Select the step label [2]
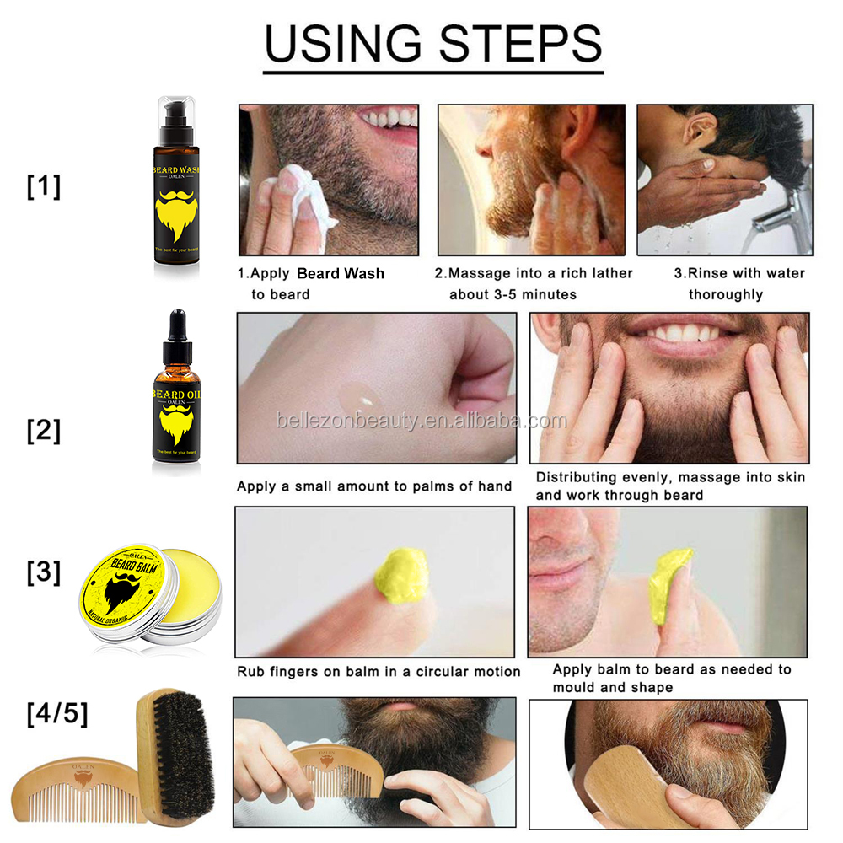pos(44,430)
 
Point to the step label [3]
pos(44,573)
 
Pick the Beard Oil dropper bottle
pos(178,396)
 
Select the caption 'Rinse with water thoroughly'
pos(738,284)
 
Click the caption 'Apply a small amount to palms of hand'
pos(373,486)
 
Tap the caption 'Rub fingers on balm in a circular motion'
pos(378,672)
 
